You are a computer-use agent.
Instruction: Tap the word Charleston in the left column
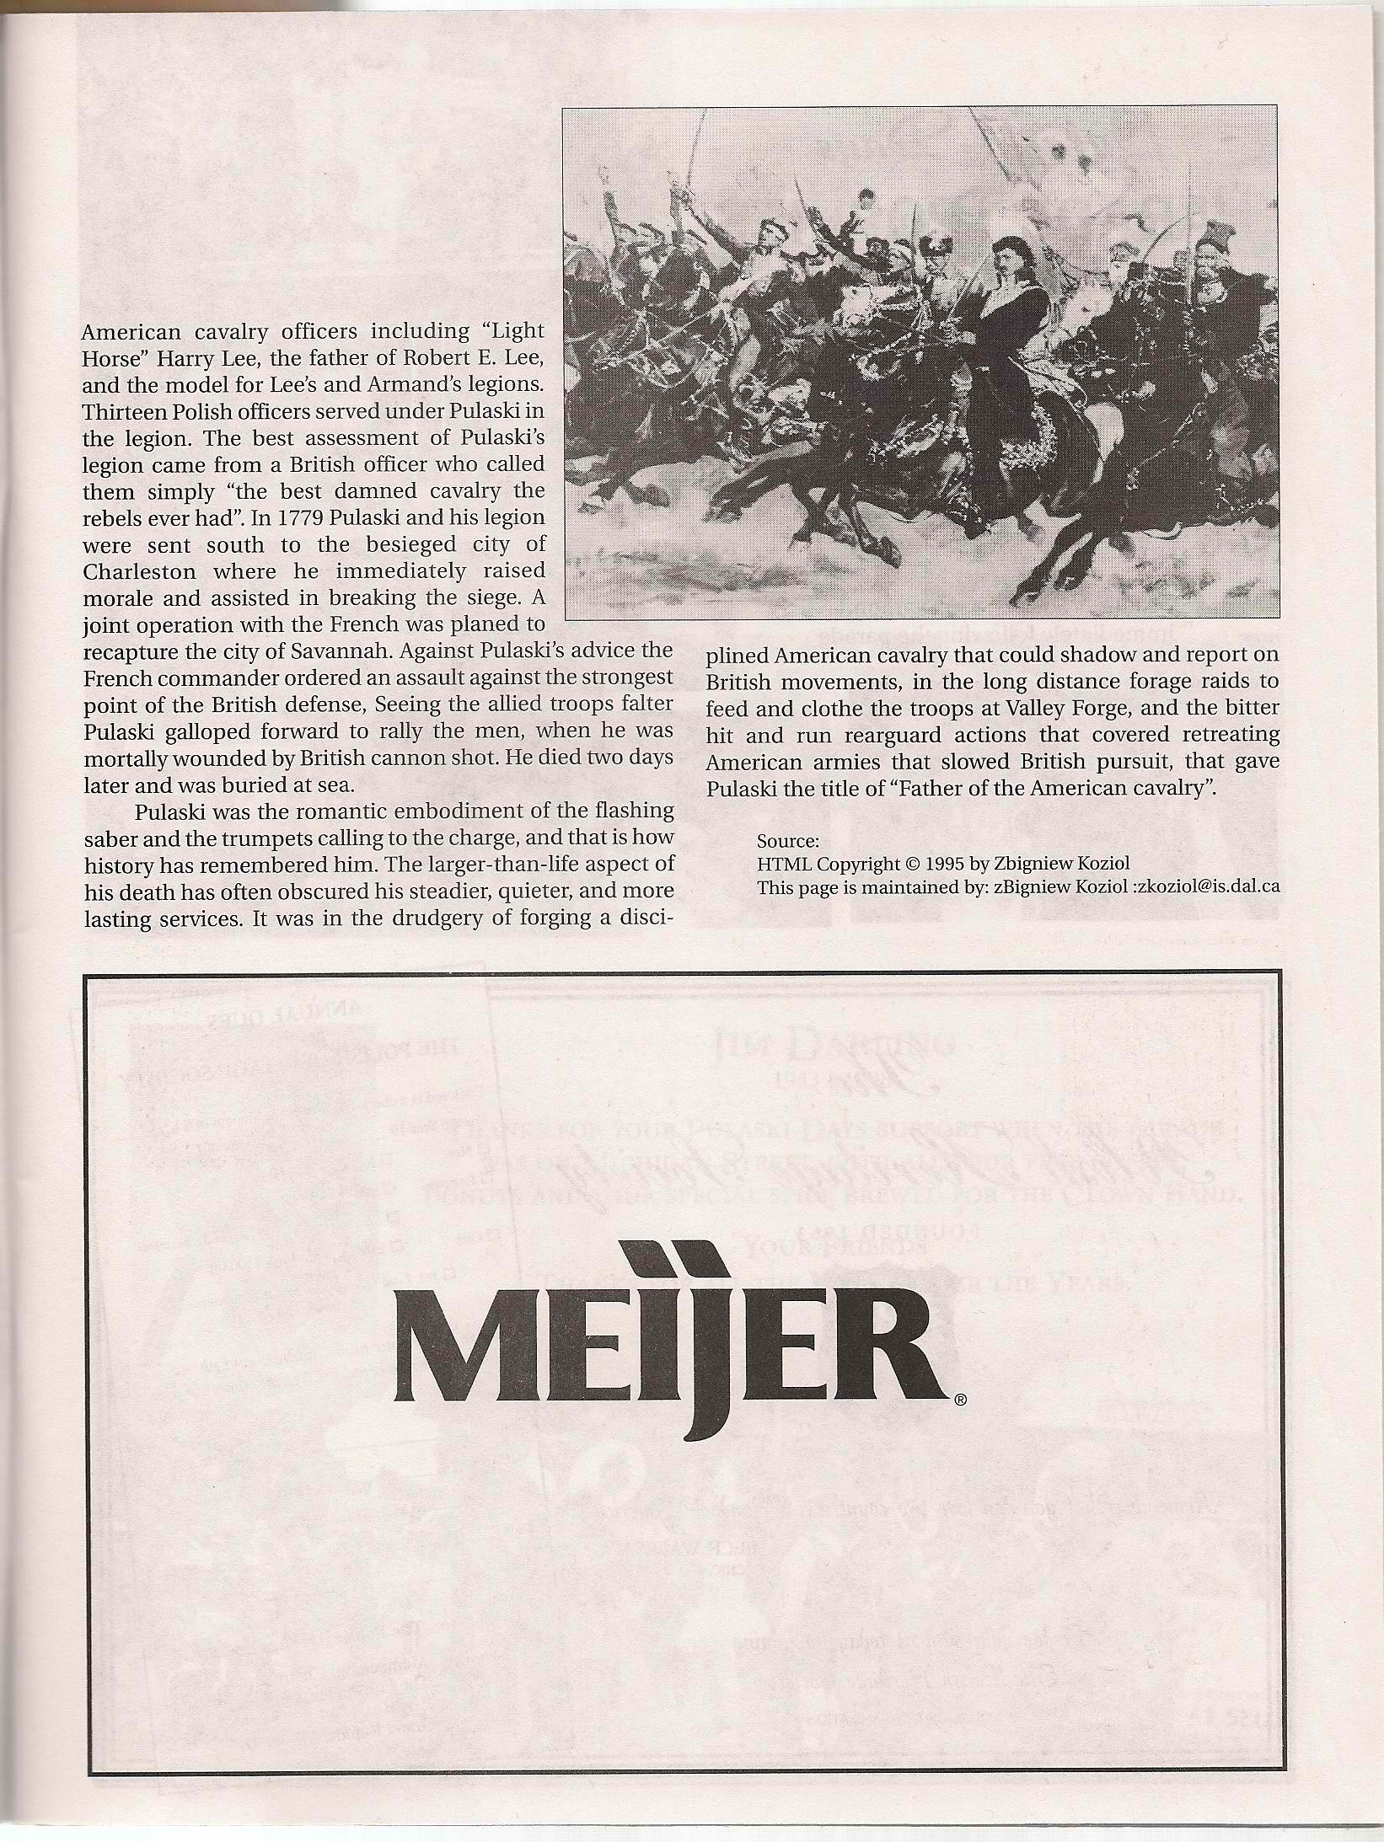pyautogui.click(x=136, y=571)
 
